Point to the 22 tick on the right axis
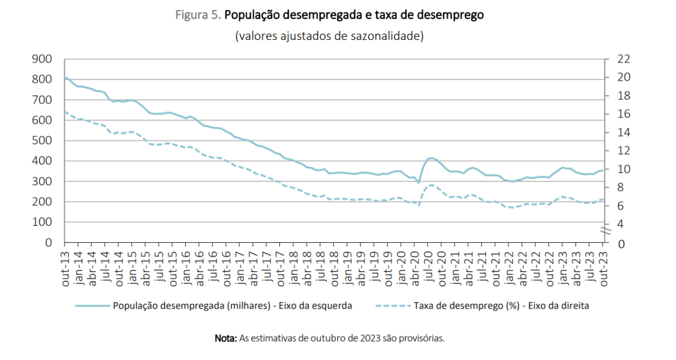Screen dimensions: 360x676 click(618, 59)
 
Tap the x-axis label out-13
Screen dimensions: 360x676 click(65, 270)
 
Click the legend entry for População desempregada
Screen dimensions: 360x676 click(232, 305)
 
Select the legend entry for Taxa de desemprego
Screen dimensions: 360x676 click(501, 305)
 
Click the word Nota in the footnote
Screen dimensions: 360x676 click(225, 339)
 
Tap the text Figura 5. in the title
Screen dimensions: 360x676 click(198, 16)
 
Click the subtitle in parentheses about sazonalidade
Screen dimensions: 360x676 click(330, 37)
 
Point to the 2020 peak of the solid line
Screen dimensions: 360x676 click(431, 158)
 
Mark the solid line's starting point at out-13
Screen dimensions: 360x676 click(65, 77)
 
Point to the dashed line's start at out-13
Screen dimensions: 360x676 click(65, 112)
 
